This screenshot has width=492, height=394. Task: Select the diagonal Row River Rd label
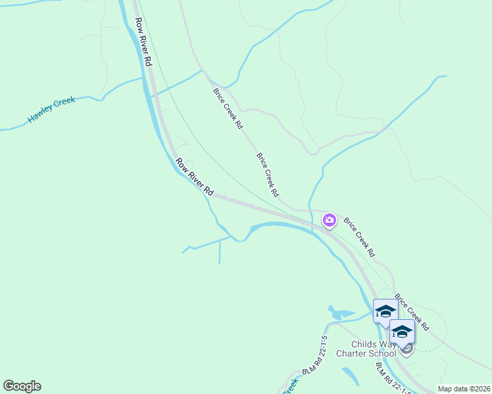(195, 175)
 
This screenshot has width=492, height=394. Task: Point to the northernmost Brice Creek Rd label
(228, 108)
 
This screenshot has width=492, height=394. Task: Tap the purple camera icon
(329, 221)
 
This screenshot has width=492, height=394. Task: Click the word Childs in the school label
(362, 344)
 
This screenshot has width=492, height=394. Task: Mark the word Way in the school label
(387, 344)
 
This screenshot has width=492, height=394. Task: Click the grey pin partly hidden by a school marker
(407, 349)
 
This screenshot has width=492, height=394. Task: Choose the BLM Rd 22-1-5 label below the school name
(393, 378)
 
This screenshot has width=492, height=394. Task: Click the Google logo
(22, 386)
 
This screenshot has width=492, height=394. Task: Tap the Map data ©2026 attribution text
(464, 389)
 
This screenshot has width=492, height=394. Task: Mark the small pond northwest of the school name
(339, 313)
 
